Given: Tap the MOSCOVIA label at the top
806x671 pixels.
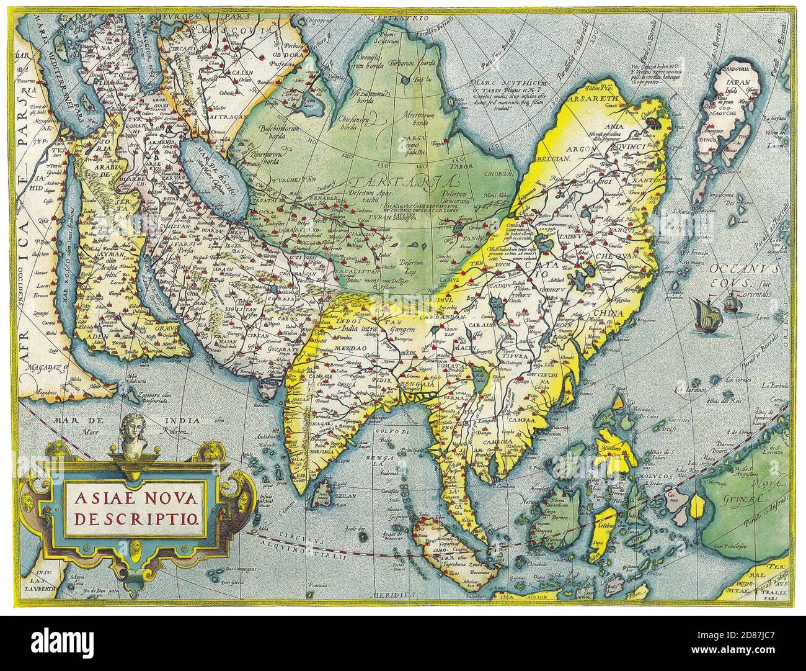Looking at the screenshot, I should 221,29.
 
